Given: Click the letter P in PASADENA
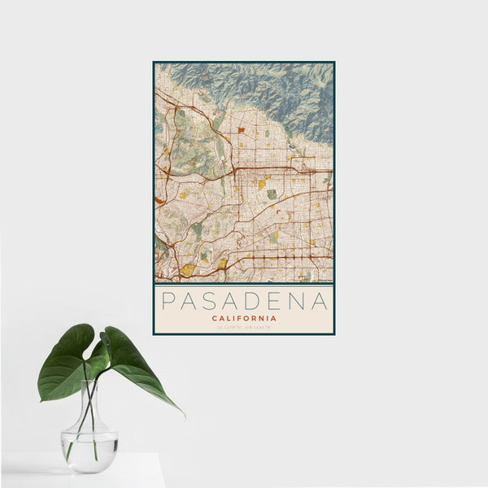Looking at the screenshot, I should pos(168,302).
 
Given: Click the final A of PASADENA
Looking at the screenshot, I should pos(320,302).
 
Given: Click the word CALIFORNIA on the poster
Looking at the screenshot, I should pos(244,318).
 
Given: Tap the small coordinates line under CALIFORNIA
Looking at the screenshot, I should pos(244,327).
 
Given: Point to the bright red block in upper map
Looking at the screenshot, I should pos(241,129).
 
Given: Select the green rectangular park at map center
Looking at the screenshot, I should pos(272,194).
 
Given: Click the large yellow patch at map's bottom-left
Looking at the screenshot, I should pos(188,269).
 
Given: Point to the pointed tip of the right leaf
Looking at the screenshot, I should pos(183,415).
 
